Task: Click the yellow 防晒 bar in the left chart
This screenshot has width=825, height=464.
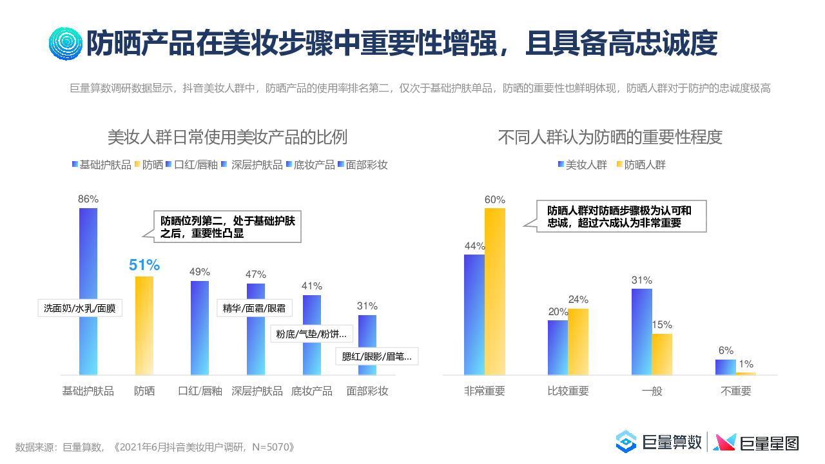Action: (x=144, y=325)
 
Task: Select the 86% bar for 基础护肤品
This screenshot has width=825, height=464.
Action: (x=88, y=258)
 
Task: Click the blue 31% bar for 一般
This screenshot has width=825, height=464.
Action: (x=641, y=331)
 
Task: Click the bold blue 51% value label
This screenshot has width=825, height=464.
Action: (x=144, y=265)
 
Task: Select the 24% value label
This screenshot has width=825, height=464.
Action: (x=578, y=300)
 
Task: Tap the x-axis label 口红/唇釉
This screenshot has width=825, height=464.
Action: (x=200, y=391)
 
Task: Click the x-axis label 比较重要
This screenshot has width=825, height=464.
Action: (x=568, y=391)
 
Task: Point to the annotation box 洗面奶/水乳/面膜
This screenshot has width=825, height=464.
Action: (x=79, y=308)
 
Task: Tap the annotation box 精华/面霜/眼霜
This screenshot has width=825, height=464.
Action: (x=254, y=307)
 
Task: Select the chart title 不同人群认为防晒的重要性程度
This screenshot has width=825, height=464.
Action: (x=610, y=137)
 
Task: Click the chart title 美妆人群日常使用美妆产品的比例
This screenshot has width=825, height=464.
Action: (x=228, y=137)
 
